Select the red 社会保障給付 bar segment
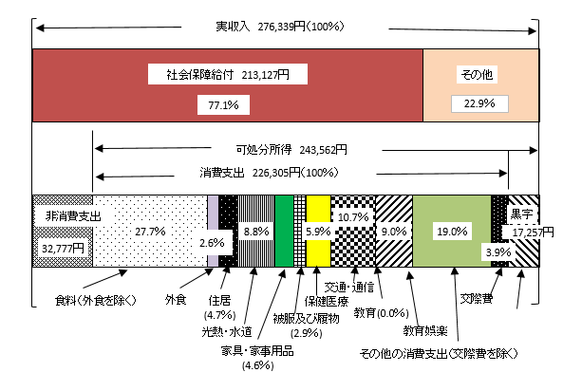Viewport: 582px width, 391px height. (228, 85)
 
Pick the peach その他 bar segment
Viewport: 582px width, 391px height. (480, 85)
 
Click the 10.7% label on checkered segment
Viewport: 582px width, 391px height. (351, 217)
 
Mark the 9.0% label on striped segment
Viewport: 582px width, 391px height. (392, 231)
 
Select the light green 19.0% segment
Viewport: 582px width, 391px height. (452, 231)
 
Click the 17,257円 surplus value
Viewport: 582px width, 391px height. (532, 231)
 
